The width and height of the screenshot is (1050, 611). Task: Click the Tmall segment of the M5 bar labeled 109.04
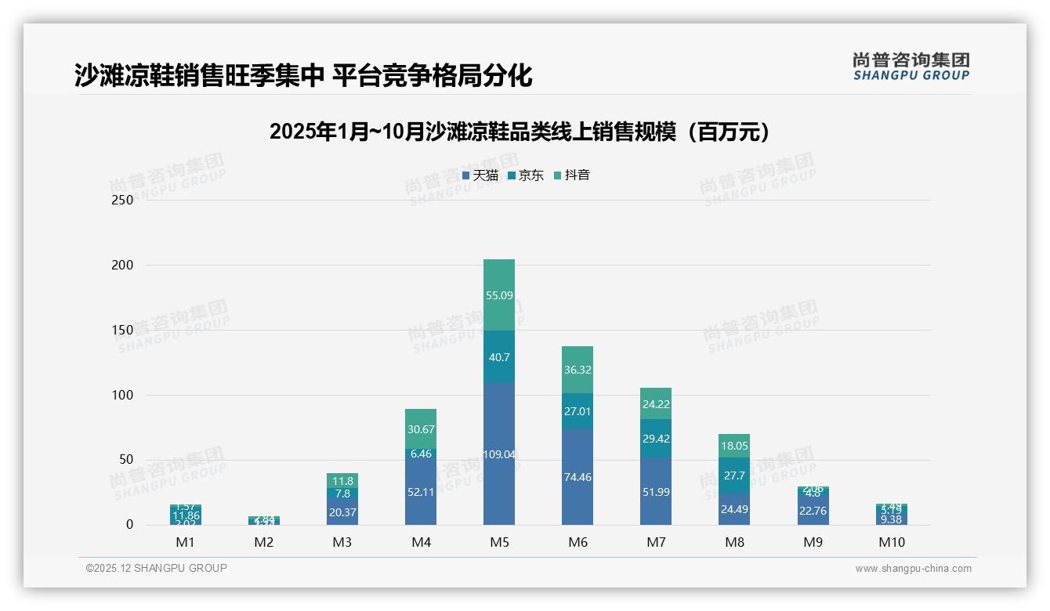pyautogui.click(x=499, y=454)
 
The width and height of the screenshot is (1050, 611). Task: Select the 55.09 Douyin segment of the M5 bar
pyautogui.click(x=499, y=295)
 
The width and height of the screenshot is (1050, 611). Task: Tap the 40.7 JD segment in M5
pyautogui.click(x=499, y=357)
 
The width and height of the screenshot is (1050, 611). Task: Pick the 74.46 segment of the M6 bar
pyautogui.click(x=577, y=476)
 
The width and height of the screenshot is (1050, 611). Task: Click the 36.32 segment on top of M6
pyautogui.click(x=577, y=370)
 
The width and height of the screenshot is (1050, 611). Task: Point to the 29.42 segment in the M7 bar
pyautogui.click(x=656, y=439)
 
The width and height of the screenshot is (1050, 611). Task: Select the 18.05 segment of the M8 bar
pyautogui.click(x=734, y=446)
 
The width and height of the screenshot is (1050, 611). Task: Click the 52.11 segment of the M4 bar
pyautogui.click(x=421, y=491)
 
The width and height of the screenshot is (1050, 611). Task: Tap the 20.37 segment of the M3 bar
pyautogui.click(x=342, y=512)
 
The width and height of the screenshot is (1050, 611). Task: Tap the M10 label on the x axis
pyautogui.click(x=891, y=542)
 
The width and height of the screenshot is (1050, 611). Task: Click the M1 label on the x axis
pyautogui.click(x=186, y=542)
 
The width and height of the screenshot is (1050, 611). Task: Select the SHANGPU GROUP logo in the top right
pyautogui.click(x=911, y=67)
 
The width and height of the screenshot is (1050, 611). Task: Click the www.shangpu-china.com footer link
pyautogui.click(x=913, y=569)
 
